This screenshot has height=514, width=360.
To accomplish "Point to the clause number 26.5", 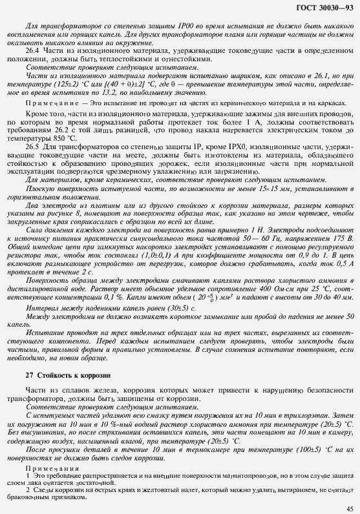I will (32, 146).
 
